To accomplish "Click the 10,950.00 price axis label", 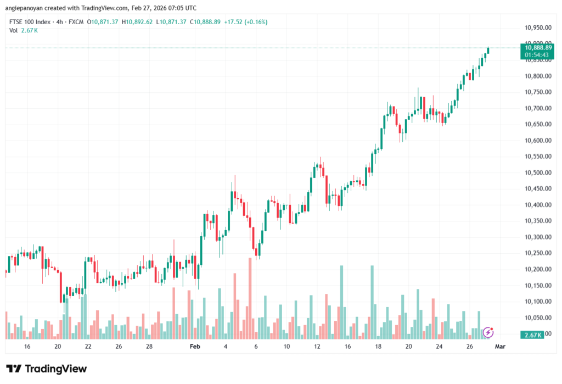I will tap(537, 27).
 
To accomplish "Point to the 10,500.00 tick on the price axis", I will tap(537, 173).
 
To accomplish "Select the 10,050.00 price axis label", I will tap(537, 318).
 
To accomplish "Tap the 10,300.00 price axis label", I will tap(537, 237).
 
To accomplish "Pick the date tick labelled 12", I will tap(317, 347).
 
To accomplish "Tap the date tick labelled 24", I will tap(439, 347).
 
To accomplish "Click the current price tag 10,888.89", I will tap(538, 48).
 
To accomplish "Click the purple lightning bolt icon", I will tap(488, 332).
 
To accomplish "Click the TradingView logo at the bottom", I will tap(46, 369).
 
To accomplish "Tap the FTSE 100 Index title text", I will tap(30, 22).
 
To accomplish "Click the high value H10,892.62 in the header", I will tap(137, 22).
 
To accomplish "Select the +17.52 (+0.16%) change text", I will tap(244, 22).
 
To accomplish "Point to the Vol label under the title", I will tap(13, 30).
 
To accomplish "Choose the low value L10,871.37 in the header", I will tap(171, 22).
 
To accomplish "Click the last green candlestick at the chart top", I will tap(488, 51).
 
